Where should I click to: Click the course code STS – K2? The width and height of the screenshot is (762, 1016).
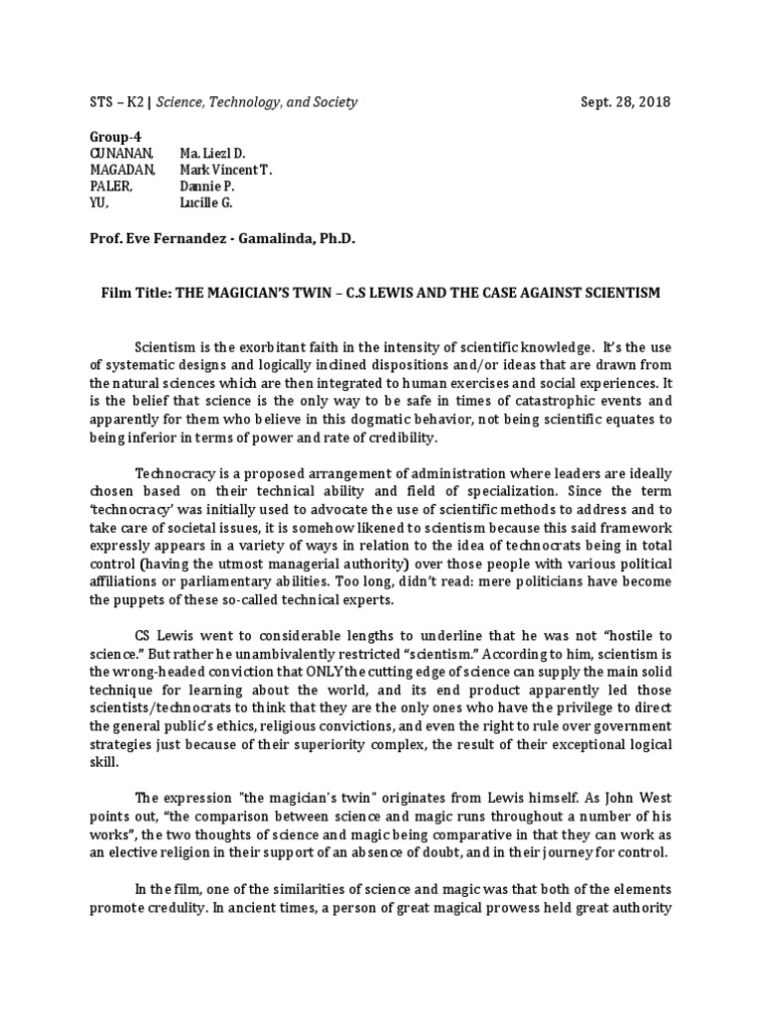(x=111, y=102)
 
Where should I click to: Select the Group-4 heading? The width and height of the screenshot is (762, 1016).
(x=109, y=137)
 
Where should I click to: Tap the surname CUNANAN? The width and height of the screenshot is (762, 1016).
(x=118, y=153)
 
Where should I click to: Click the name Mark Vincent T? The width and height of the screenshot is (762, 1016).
(x=225, y=170)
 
